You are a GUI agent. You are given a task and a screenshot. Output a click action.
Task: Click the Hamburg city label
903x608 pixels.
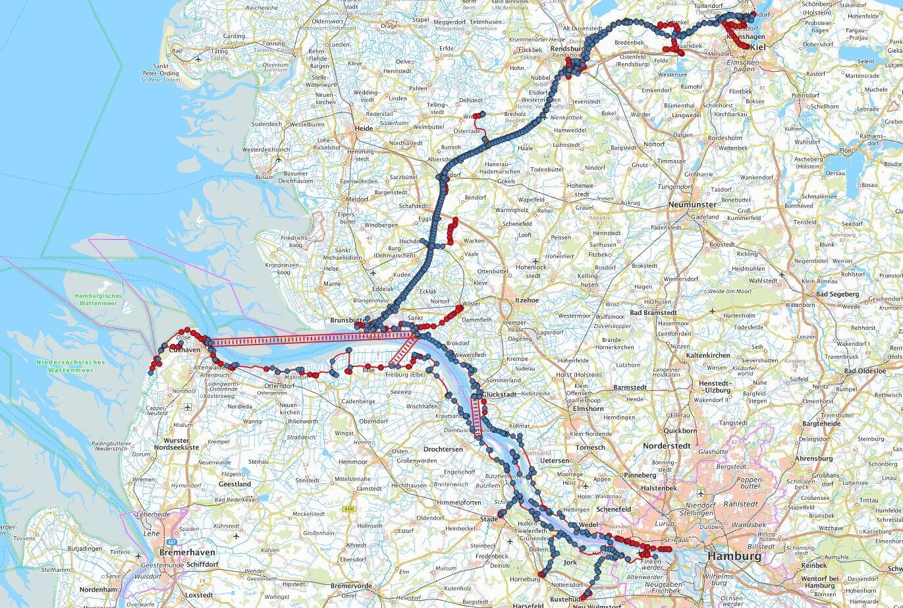[x=734, y=556]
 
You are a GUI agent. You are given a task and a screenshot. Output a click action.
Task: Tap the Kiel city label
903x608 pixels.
[x=757, y=47]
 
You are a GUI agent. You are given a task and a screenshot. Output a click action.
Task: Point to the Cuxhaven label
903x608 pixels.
[x=184, y=350]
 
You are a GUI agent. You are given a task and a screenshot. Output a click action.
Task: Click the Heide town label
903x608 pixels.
[x=364, y=129]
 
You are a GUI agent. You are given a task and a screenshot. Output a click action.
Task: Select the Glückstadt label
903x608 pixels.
[x=499, y=394]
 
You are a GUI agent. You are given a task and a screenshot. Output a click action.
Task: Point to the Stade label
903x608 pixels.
[x=489, y=519]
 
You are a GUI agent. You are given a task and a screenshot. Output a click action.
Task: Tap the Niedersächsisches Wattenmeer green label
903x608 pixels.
[x=70, y=366]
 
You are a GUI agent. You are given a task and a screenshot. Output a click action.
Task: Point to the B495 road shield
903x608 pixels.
[x=349, y=509]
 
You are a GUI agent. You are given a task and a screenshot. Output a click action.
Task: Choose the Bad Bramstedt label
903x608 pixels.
[x=654, y=312]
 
